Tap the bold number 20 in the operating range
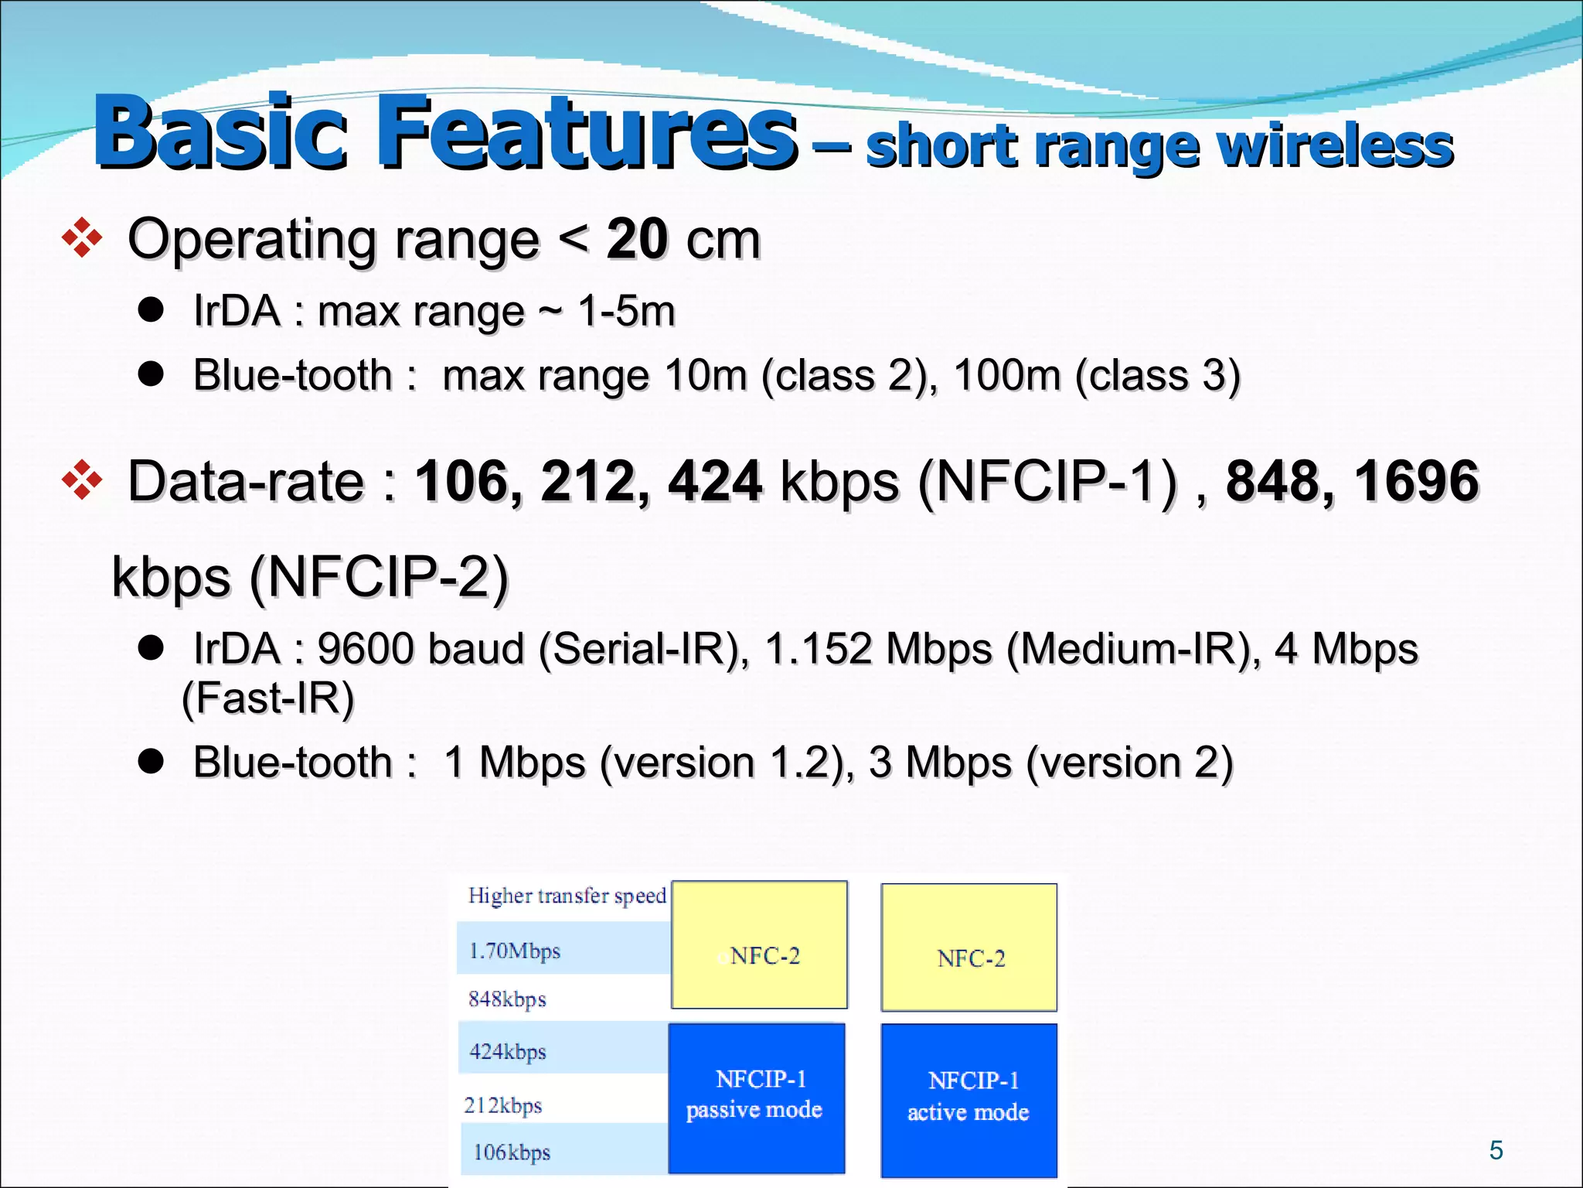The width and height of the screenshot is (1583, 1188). [x=637, y=239]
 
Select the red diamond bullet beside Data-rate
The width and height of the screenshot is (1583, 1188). [x=82, y=480]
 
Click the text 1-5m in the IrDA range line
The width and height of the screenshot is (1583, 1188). [x=626, y=312]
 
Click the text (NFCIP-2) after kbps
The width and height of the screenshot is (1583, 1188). [x=379, y=577]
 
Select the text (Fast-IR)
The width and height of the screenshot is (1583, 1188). [x=267, y=698]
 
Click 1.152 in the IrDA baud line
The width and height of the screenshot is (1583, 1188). [x=819, y=648]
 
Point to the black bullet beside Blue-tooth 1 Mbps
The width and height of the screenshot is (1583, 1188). [x=151, y=761]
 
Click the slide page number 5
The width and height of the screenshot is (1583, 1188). [x=1496, y=1150]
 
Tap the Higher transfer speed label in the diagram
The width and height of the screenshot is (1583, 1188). [x=567, y=896]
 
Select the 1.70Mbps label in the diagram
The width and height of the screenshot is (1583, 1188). [x=515, y=951]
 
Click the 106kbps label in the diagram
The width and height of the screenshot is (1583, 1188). [x=512, y=1152]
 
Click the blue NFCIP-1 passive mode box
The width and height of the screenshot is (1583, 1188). [x=757, y=1098]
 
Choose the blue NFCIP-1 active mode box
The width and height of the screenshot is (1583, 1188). [x=969, y=1099]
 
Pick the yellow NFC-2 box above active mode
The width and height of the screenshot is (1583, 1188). [x=969, y=947]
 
